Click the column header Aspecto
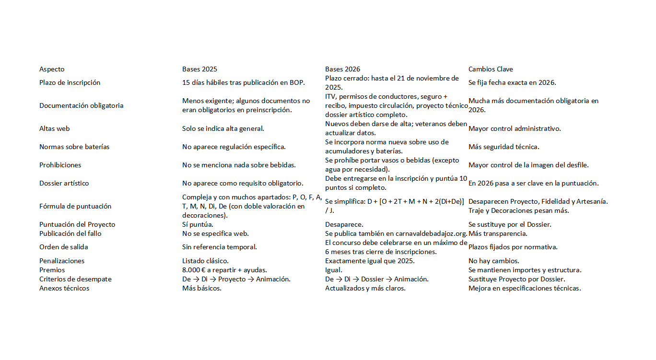point(52,69)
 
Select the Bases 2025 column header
point(199,69)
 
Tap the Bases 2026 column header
point(342,69)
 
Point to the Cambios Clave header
point(491,69)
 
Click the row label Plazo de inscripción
point(70,82)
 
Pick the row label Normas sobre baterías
point(74,147)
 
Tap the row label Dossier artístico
point(64,183)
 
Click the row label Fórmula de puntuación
point(75,206)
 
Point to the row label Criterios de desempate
point(75,279)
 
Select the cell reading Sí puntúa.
point(198,224)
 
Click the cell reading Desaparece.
point(344,224)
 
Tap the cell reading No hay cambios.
point(493,261)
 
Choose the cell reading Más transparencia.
point(498,233)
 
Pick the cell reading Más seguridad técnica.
point(504,147)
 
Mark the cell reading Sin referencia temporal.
point(219,247)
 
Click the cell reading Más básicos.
point(201,288)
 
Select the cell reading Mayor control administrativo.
point(515,128)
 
